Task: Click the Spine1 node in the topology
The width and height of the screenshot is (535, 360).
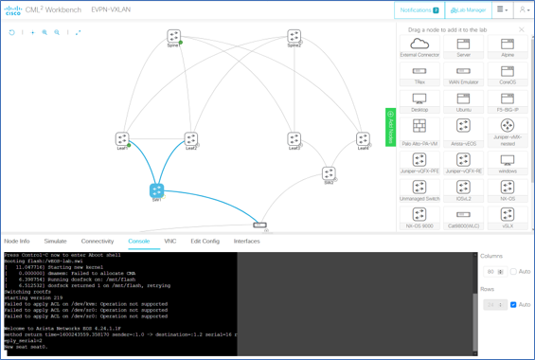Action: click(173, 36)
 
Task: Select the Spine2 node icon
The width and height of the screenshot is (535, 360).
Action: click(294, 36)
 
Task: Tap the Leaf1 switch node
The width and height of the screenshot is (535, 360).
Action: click(122, 139)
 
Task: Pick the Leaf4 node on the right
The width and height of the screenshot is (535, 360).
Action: click(363, 139)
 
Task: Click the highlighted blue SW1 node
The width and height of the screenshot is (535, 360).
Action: click(157, 190)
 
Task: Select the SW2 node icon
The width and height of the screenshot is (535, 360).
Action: click(329, 173)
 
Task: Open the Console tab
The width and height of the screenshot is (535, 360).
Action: click(139, 242)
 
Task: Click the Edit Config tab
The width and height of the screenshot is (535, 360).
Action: click(205, 242)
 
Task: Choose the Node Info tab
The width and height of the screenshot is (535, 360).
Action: click(17, 242)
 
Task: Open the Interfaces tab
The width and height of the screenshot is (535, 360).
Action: click(247, 242)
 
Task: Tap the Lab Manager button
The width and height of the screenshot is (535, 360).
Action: click(468, 9)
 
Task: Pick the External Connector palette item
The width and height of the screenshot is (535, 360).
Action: click(419, 45)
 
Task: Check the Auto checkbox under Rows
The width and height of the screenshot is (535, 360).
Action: click(513, 305)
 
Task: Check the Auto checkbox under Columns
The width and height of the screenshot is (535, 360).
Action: click(513, 272)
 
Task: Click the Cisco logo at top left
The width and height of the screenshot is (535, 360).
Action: click(13, 9)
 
